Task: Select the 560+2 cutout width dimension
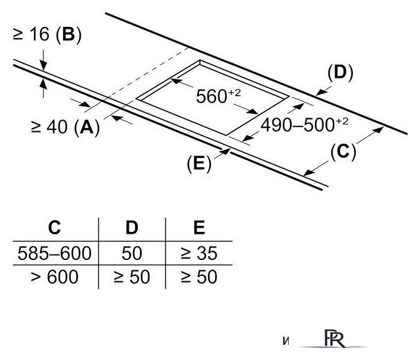point(217,96)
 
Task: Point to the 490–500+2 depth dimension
point(303,125)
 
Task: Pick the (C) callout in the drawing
point(342,151)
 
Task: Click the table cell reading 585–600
point(55,252)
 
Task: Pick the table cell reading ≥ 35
point(198,252)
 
